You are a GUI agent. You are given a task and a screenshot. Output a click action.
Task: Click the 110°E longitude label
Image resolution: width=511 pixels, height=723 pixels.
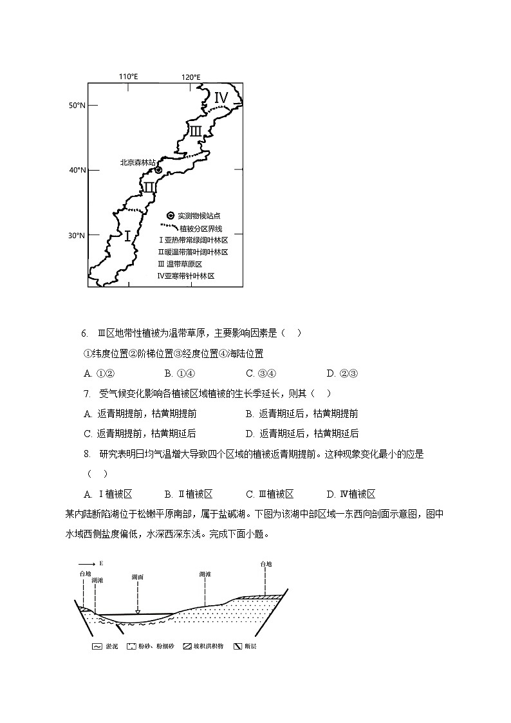(128, 77)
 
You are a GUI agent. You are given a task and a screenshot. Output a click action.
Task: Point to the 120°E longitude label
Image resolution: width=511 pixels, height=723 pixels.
(190, 77)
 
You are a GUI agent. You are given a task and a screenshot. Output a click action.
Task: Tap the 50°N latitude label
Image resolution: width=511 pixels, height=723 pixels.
(77, 105)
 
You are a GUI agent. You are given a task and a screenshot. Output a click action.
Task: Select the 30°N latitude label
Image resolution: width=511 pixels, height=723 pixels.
(77, 236)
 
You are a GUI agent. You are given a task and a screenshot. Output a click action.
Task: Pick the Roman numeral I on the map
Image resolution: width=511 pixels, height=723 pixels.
(127, 236)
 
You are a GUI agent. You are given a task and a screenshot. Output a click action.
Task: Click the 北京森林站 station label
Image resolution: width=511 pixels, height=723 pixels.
(138, 163)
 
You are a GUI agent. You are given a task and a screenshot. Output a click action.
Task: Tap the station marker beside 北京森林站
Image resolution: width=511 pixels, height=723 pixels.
(158, 170)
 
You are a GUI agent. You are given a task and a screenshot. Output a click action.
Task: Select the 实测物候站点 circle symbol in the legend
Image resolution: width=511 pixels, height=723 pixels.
(170, 216)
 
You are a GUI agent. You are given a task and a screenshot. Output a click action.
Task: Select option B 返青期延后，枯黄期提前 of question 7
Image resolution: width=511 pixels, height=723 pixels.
(302, 413)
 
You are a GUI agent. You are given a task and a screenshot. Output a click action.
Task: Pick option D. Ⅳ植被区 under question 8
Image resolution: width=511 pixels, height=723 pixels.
(351, 494)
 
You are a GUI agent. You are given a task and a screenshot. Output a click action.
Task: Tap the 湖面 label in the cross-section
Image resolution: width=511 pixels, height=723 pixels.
(137, 577)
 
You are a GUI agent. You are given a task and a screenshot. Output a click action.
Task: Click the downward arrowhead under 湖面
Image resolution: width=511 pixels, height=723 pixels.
(137, 612)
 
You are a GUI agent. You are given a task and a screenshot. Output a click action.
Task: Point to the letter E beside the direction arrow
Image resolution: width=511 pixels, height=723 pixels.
(100, 563)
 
